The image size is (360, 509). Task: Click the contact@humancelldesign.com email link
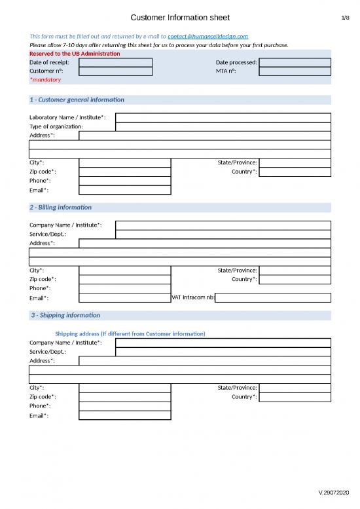tap(207, 37)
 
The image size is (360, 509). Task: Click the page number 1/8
tap(345, 18)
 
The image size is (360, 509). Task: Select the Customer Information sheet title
tap(180, 18)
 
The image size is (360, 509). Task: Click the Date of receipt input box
tap(115, 63)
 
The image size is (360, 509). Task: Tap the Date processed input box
tap(295, 63)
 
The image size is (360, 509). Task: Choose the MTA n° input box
tap(295, 71)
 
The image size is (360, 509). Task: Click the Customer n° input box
tap(115, 71)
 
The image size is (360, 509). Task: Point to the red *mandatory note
tap(45, 80)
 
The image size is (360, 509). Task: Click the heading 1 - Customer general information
tap(77, 100)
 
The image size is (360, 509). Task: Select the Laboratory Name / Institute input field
tap(223, 117)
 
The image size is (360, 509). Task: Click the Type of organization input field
tap(223, 126)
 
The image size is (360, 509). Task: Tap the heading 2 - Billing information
tap(61, 208)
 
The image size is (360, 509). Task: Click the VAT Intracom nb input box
tap(273, 297)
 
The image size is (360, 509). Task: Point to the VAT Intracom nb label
tap(192, 297)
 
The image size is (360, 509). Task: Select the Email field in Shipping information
tap(124, 415)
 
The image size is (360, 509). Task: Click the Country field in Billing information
tap(295, 280)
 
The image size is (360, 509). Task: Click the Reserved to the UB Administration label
tap(75, 53)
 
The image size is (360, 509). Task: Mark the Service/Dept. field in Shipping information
tap(223, 352)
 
